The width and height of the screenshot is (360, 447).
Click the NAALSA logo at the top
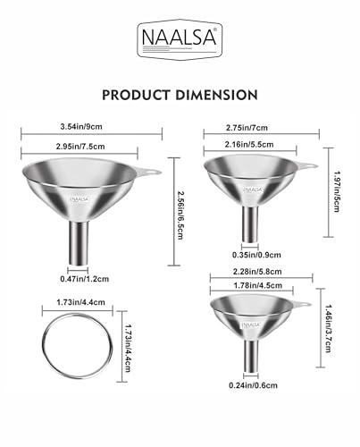(180, 38)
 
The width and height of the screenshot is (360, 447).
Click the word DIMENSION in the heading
(216, 95)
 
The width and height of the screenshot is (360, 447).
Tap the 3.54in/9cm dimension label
(81, 127)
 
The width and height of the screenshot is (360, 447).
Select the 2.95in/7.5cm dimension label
(80, 147)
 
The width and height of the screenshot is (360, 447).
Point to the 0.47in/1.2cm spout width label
(85, 279)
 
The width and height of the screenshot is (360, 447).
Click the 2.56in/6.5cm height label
(180, 215)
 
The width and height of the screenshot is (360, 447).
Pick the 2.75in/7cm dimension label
(247, 128)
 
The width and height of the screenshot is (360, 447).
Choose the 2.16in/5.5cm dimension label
(249, 145)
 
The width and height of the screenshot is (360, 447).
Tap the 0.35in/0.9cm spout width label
(256, 255)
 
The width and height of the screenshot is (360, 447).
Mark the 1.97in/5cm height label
(337, 191)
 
